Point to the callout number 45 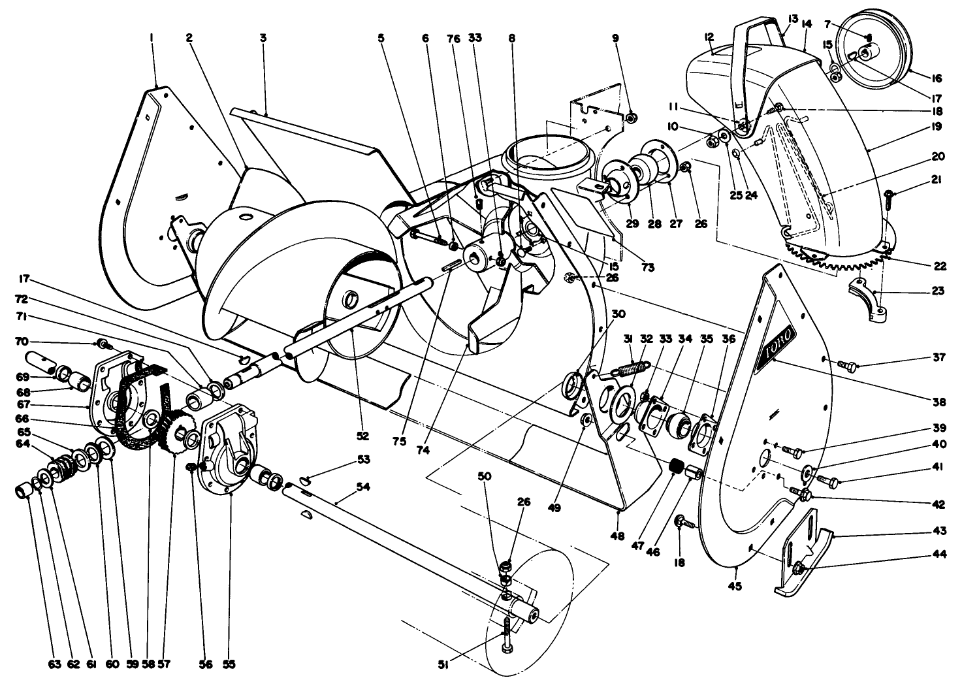click(735, 585)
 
